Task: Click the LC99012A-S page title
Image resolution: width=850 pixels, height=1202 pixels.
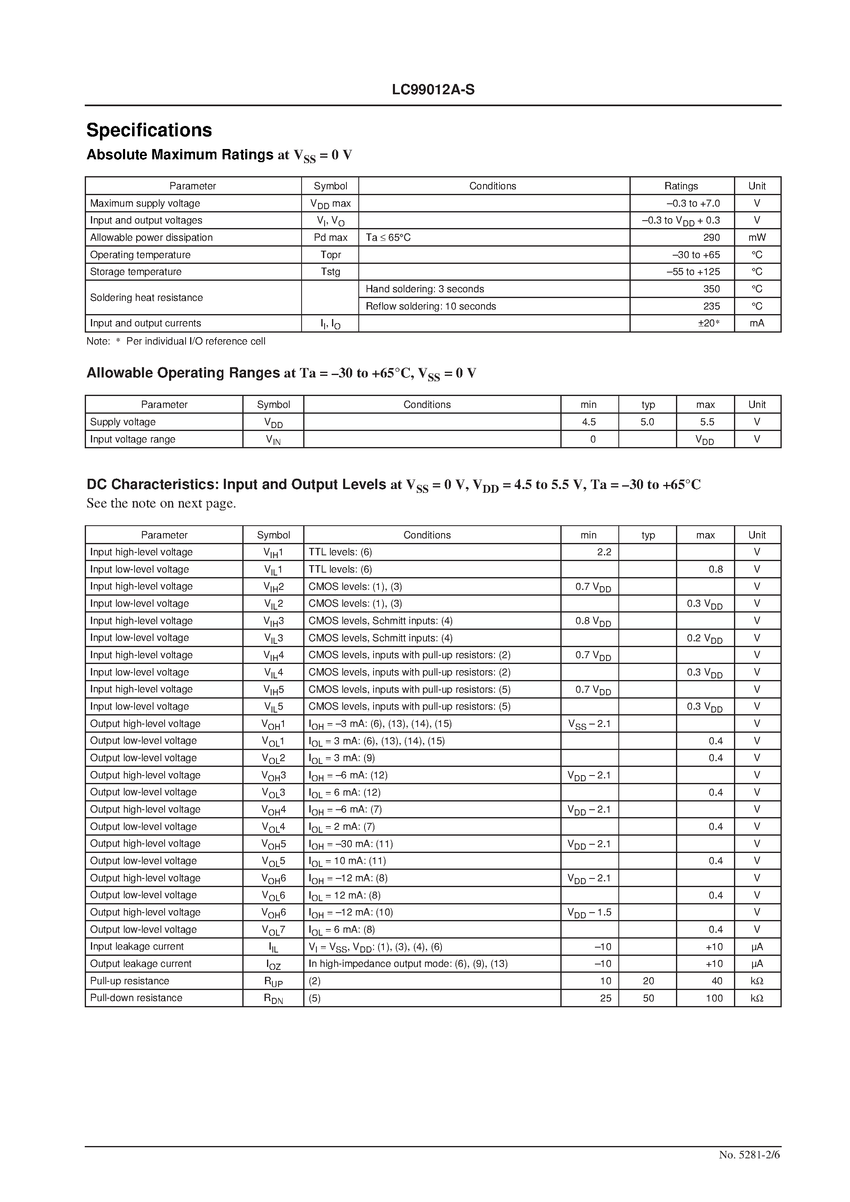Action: tap(433, 90)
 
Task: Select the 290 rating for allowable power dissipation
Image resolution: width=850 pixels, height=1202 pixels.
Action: tap(711, 238)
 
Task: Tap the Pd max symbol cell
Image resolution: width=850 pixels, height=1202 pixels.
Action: tap(330, 238)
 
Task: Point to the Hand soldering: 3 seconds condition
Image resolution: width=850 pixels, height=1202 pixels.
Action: tap(425, 289)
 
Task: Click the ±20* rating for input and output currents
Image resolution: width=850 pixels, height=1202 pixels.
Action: tap(709, 324)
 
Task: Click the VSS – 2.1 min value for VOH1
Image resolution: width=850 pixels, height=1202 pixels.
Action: tap(589, 724)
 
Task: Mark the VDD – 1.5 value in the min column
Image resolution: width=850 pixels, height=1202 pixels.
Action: tap(589, 913)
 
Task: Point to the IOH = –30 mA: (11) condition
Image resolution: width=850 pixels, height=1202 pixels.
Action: tap(350, 844)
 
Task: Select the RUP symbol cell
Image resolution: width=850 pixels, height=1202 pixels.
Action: tap(273, 982)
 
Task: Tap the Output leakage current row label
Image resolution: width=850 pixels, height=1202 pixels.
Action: tap(140, 964)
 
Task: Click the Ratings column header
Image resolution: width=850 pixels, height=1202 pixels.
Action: tap(681, 186)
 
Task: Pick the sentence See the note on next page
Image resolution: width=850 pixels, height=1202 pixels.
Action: tap(161, 503)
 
